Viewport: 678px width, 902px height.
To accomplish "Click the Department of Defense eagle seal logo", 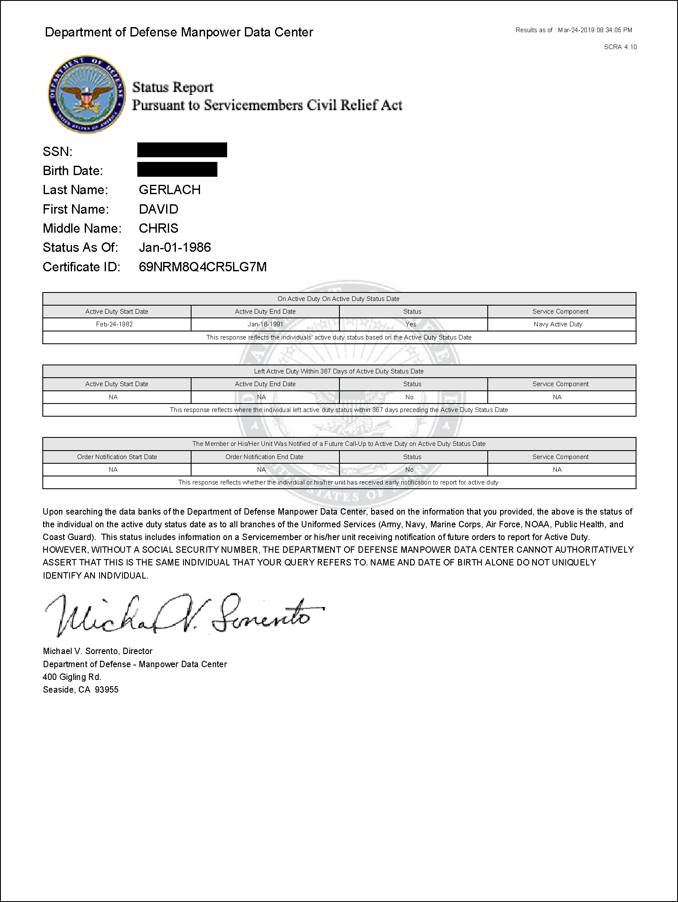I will point(87,94).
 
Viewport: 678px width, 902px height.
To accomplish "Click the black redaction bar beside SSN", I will point(182,150).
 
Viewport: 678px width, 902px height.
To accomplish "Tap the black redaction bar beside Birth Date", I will point(177,169).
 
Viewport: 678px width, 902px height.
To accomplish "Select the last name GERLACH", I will point(169,189).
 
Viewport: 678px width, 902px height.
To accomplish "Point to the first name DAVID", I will point(158,209).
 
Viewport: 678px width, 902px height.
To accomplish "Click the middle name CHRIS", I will point(158,228).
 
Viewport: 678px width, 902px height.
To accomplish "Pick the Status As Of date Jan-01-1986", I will point(175,247).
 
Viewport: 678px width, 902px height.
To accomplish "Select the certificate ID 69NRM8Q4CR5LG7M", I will point(203,267).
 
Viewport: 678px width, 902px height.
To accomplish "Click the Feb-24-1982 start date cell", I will point(114,324).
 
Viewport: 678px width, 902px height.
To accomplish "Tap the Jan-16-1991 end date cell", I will point(265,324).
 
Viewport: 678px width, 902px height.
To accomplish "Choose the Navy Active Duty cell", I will point(558,324).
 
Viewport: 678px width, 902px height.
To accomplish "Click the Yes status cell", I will point(411,324).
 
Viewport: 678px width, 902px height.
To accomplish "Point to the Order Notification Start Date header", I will point(117,457).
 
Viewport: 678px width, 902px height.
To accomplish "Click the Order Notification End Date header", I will point(264,457).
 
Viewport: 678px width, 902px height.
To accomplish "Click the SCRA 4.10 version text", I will point(620,47).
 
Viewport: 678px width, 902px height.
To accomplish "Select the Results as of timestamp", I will point(574,30).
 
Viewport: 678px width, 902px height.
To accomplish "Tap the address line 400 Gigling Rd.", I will point(72,677).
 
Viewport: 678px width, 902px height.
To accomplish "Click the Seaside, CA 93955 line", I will point(81,690).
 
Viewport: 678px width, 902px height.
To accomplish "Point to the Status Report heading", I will point(172,87).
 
